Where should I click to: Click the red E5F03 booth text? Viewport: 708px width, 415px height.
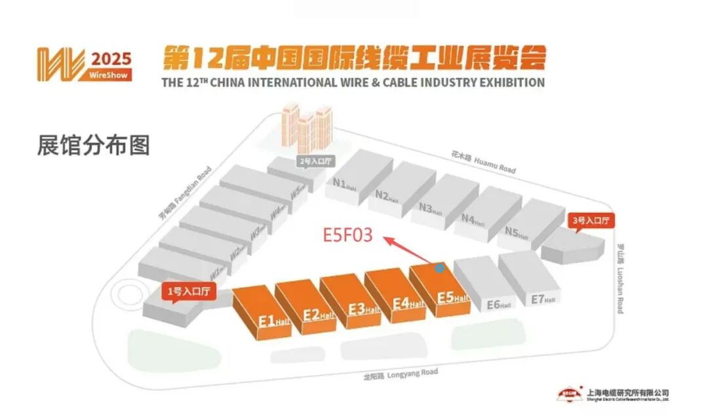[347, 235]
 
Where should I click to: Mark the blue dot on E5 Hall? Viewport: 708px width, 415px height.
[439, 267]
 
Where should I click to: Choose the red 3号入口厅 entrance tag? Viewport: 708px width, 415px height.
[591, 221]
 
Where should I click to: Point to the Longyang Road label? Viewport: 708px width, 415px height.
[401, 374]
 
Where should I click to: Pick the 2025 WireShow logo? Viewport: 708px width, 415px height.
[84, 64]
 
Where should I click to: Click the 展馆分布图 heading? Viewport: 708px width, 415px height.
[93, 146]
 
